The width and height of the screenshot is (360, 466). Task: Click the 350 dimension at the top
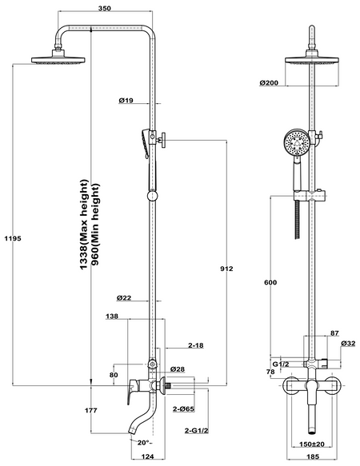[105, 8]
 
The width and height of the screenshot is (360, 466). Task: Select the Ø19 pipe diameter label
[126, 101]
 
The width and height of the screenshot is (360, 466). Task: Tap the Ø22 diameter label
[124, 297]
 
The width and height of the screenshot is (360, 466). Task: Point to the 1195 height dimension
[13, 238]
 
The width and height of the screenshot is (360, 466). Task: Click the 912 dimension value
[226, 269]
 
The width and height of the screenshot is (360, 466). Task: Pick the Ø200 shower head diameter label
[269, 82]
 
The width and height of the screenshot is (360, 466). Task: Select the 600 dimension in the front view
[270, 282]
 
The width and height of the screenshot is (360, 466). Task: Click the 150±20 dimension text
[311, 444]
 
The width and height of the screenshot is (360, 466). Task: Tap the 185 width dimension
[312, 456]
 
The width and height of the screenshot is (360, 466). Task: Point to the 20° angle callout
[144, 443]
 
